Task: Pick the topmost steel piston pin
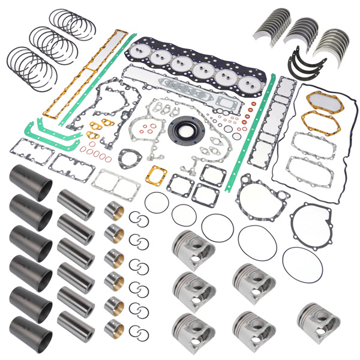(76, 202)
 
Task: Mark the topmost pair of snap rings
(139, 219)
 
